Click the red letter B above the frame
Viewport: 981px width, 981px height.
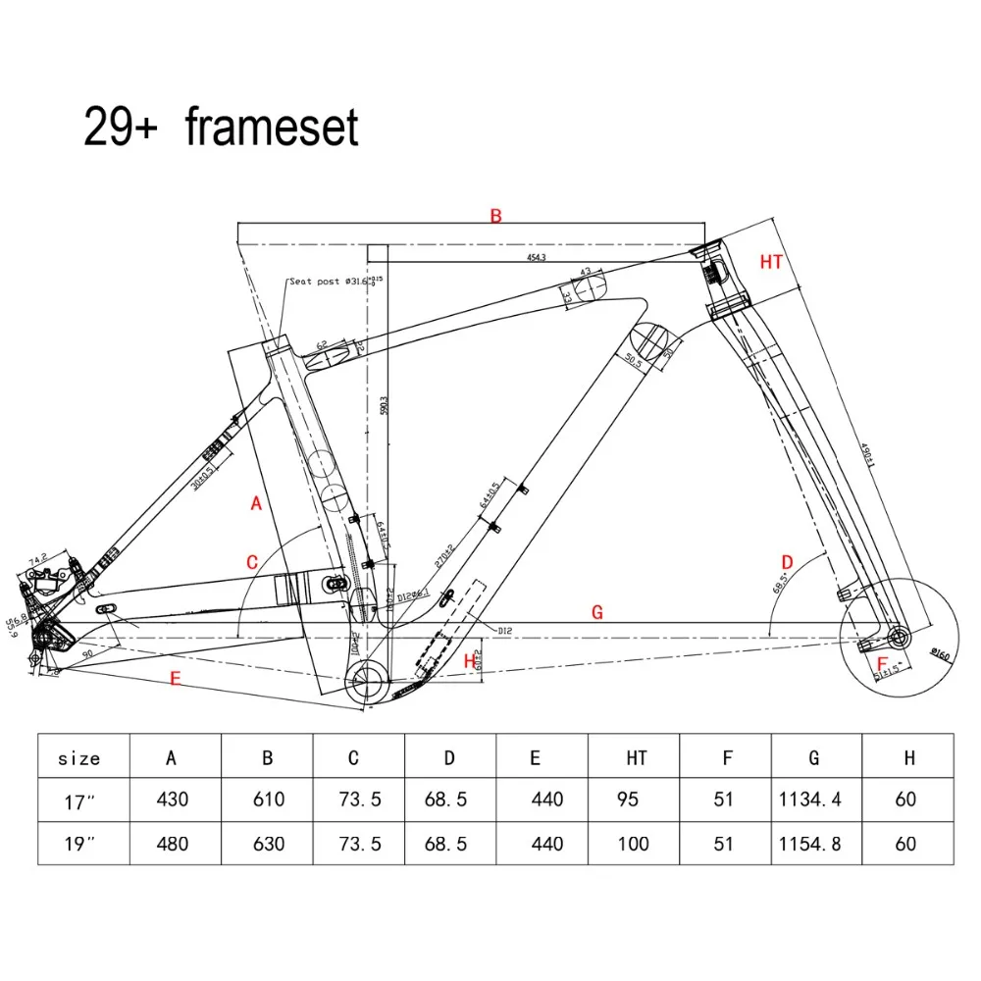pos(496,216)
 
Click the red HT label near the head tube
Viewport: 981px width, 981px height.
pos(772,261)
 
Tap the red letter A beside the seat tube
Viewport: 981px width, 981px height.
pos(257,503)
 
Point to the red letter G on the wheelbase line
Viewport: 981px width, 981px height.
pos(596,612)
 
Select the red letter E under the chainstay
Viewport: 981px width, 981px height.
pos(176,677)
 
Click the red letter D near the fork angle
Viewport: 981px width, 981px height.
pos(786,560)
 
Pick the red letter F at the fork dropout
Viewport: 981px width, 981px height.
pos(882,662)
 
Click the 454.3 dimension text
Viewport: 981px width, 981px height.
pos(536,258)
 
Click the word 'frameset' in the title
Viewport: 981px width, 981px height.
pos(273,129)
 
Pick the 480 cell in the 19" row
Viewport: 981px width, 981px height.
pos(174,844)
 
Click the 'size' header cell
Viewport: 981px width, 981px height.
pos(79,757)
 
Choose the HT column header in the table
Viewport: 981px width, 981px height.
pos(636,757)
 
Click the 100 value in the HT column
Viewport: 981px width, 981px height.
pos(634,844)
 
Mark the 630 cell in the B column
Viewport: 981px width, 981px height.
pos(267,844)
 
